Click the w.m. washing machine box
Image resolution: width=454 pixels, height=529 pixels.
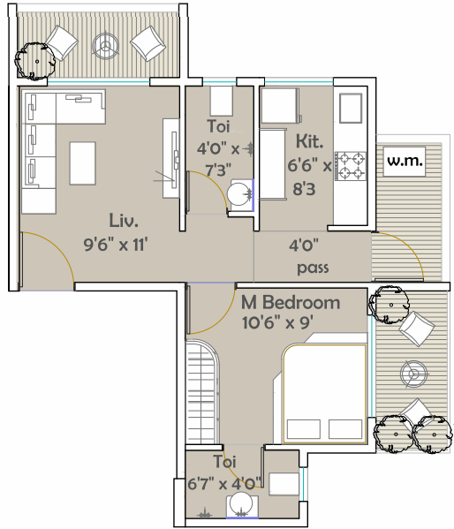click(x=404, y=162)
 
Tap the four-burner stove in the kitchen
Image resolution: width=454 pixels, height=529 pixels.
click(x=351, y=166)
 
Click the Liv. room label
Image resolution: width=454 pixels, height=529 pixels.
click(x=124, y=220)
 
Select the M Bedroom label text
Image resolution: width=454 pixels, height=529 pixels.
click(x=291, y=302)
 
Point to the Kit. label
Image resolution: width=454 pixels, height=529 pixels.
click(x=309, y=141)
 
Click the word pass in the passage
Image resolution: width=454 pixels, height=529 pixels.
click(x=313, y=268)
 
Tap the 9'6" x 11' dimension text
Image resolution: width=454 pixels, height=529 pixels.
click(x=116, y=245)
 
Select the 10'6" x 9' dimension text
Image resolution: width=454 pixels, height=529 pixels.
click(x=278, y=323)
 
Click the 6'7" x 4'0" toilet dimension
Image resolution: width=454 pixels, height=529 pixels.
click(x=225, y=484)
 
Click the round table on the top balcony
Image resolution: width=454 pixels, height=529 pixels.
click(x=105, y=46)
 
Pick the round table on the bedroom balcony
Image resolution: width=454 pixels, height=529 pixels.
click(x=413, y=374)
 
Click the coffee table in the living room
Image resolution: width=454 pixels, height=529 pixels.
click(x=83, y=163)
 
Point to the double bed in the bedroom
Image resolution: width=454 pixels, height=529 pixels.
click(x=325, y=393)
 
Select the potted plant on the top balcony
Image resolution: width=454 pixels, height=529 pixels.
click(x=34, y=61)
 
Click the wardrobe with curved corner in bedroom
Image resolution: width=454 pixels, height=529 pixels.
click(x=203, y=392)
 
